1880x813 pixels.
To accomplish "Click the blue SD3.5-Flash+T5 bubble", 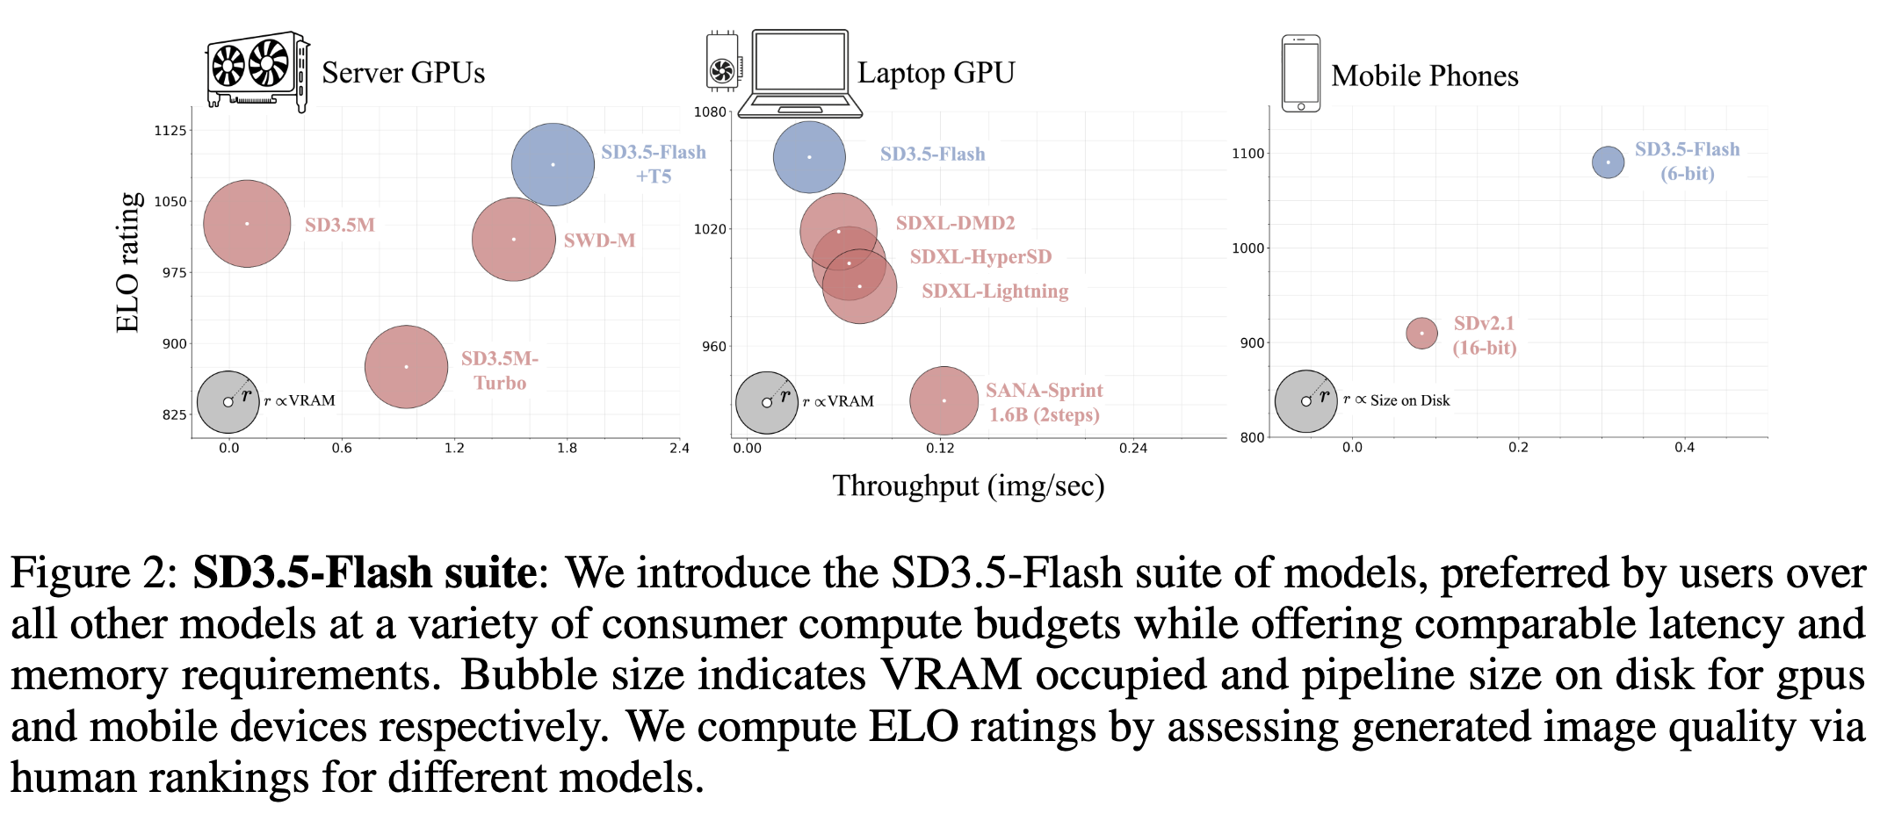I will click(x=553, y=164).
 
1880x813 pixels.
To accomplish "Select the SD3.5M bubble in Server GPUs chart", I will click(x=247, y=223).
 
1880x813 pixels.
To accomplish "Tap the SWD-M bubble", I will click(x=513, y=239).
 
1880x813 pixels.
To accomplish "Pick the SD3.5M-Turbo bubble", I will click(x=406, y=366).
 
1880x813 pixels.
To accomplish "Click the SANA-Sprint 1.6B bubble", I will click(x=944, y=400).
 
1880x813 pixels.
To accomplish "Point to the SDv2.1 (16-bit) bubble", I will click(x=1421, y=333).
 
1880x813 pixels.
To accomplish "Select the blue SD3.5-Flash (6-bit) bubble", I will click(x=1608, y=162).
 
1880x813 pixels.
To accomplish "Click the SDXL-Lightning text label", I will click(x=994, y=291).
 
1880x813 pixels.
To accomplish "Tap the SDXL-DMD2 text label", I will click(x=955, y=223).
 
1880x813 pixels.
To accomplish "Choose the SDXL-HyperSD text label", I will click(x=980, y=256).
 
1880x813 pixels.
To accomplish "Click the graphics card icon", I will click(x=257, y=72).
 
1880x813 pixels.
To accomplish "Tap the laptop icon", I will click(x=799, y=74).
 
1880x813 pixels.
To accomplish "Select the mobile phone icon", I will click(x=1300, y=74).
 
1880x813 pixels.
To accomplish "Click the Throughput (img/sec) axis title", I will click(x=968, y=486).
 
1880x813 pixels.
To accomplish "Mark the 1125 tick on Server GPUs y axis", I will click(x=170, y=131).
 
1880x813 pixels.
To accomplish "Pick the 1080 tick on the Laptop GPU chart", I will click(x=710, y=112).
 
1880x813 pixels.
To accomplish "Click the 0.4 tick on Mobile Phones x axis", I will click(x=1684, y=448).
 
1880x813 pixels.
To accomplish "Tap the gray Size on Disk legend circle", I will click(x=1305, y=401).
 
